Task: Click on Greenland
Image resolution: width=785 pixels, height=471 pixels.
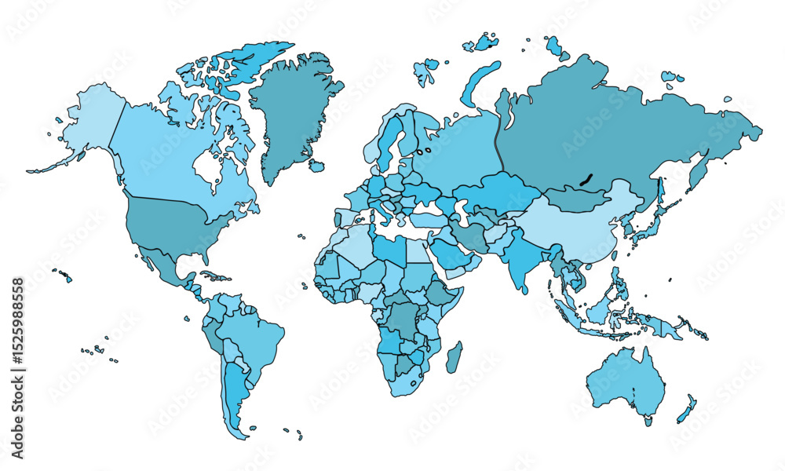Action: click(x=294, y=110)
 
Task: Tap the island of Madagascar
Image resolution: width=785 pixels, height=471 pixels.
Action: click(x=455, y=358)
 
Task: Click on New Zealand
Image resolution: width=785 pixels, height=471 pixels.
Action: click(x=686, y=408)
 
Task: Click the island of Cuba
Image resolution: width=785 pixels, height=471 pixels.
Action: click(x=211, y=276)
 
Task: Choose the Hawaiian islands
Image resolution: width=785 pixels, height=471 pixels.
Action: click(x=63, y=275)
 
